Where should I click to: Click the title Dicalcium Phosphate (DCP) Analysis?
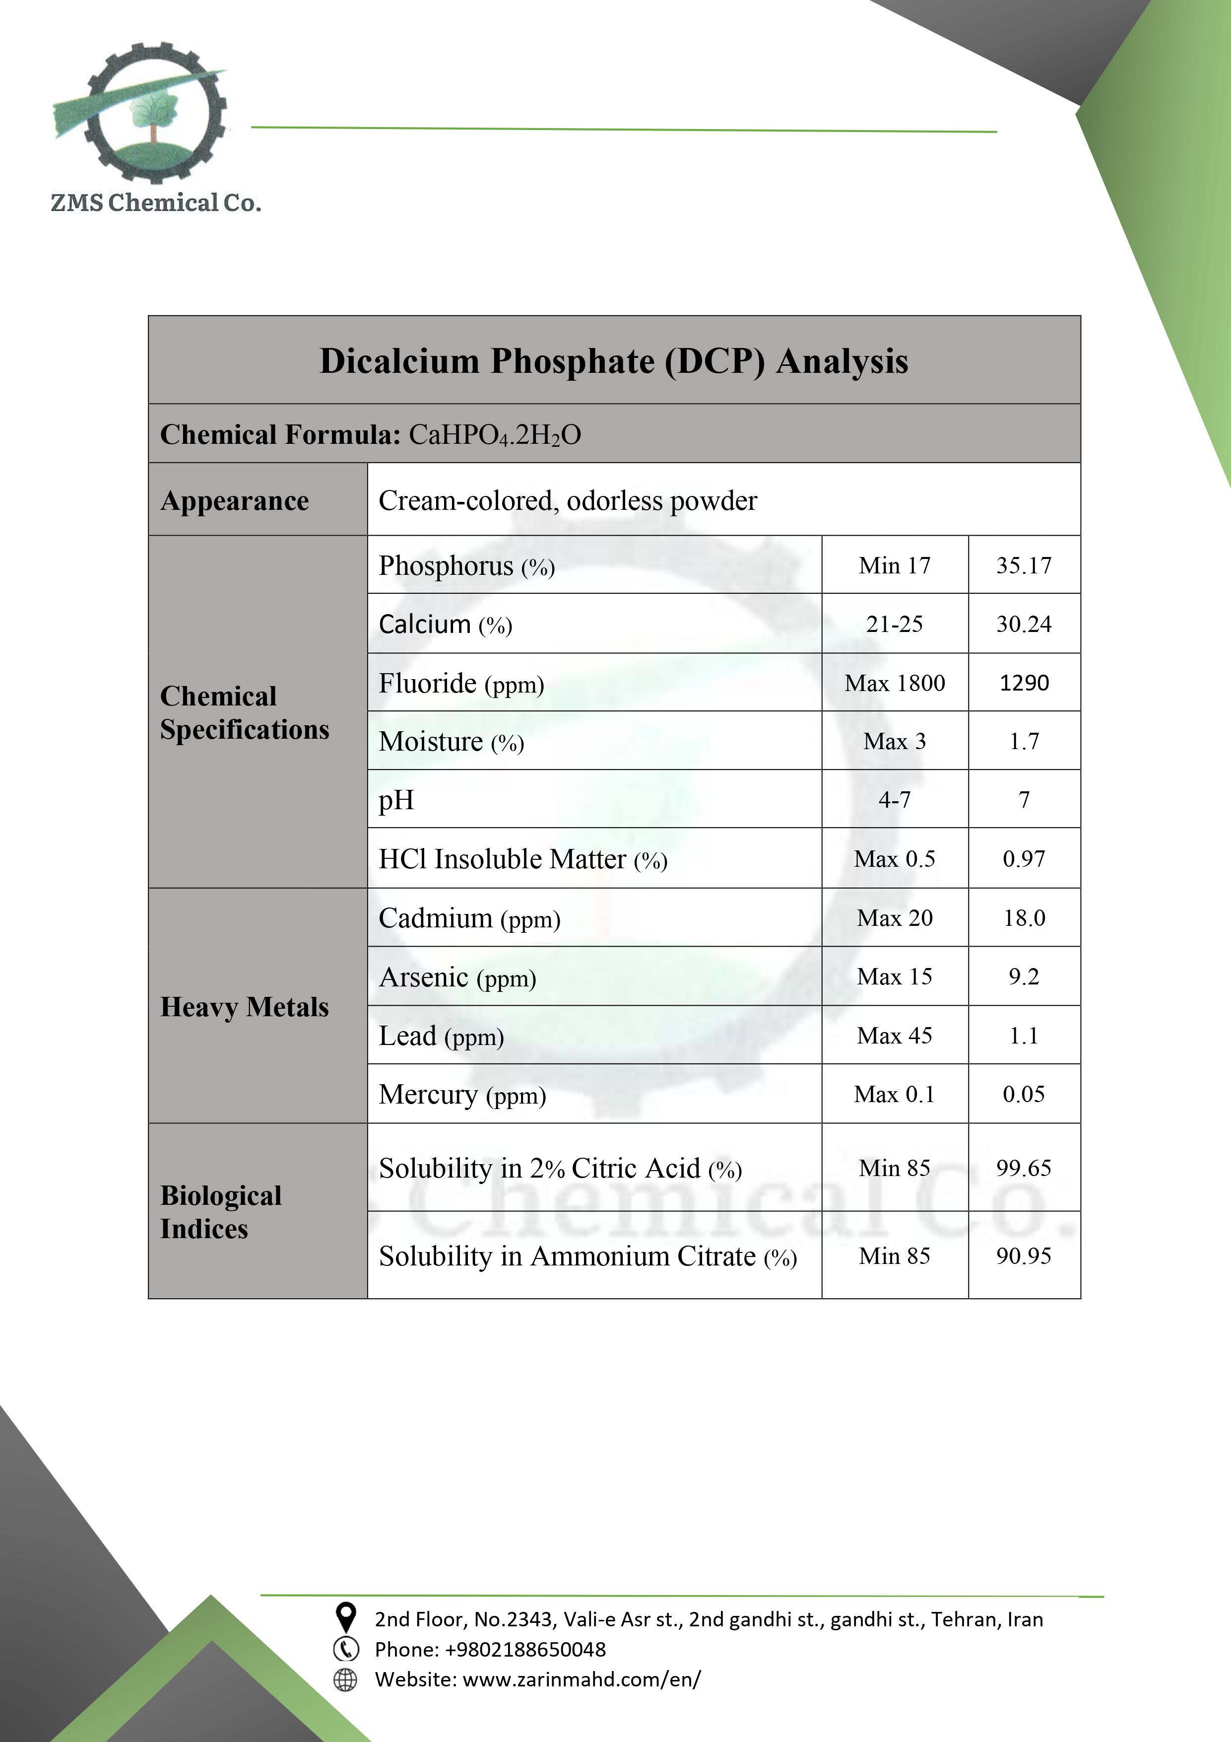click(x=614, y=361)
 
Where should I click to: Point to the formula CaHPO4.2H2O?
click(x=495, y=435)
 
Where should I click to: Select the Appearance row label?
click(x=234, y=501)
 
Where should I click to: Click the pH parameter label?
click(x=396, y=800)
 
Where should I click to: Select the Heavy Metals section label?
click(x=244, y=1007)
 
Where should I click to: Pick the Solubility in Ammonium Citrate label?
click(x=587, y=1256)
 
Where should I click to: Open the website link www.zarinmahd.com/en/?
click(x=581, y=1679)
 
